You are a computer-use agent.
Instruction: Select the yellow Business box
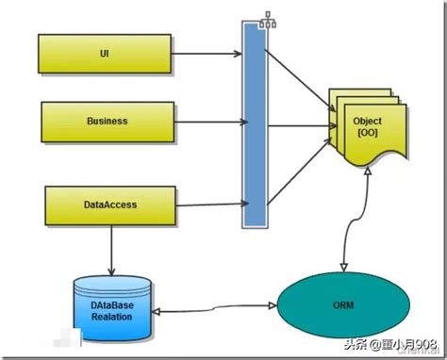point(108,122)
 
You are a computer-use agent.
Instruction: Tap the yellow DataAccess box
point(110,205)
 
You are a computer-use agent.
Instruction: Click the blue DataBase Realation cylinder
point(112,308)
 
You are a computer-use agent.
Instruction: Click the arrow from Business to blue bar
point(209,121)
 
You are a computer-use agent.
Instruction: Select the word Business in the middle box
point(108,122)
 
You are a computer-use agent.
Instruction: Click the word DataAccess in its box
point(110,205)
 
